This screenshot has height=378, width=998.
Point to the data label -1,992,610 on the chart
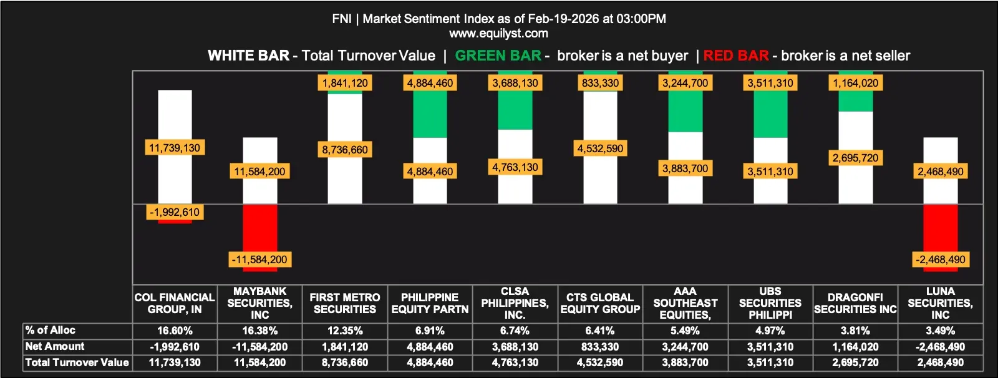(175, 212)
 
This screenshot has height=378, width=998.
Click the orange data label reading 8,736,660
(345, 150)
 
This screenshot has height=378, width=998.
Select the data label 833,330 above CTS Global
(600, 83)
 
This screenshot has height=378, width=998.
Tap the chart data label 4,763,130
(515, 167)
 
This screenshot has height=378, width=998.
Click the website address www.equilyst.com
(498, 34)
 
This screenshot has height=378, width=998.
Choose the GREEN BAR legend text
(498, 56)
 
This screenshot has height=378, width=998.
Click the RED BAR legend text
(736, 56)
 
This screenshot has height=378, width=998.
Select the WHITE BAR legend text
(248, 56)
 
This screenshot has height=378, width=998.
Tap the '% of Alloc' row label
(51, 330)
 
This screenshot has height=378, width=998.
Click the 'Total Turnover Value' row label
(77, 362)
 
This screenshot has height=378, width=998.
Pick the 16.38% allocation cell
(260, 331)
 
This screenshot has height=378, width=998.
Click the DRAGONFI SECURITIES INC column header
(855, 303)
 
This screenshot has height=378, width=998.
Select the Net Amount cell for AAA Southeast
(686, 347)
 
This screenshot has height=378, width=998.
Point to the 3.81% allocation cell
(855, 331)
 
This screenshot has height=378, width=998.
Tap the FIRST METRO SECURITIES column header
(345, 303)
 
